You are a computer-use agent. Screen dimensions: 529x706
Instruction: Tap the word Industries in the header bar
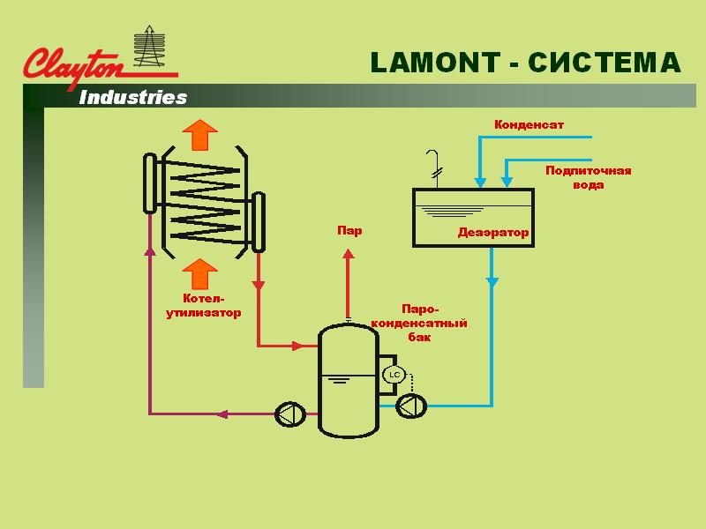133,97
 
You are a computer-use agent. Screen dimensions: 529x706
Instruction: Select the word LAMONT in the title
432,63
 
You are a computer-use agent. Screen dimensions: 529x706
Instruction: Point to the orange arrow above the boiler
200,134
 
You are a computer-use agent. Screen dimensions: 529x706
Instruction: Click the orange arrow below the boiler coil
200,274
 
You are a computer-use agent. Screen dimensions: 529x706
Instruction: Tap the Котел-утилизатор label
204,306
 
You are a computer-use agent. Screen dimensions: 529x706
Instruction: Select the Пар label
349,231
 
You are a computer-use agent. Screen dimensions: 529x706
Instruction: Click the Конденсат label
529,125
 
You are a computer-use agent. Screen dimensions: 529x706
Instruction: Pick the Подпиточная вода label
589,177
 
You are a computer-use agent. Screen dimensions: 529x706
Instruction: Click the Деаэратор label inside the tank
492,233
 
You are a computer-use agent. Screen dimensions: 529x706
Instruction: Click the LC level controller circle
394,376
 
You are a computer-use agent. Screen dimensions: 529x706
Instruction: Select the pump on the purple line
289,413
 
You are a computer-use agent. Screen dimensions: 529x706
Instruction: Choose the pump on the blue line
410,406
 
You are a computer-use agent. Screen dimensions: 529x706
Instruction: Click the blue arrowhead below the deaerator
492,283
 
